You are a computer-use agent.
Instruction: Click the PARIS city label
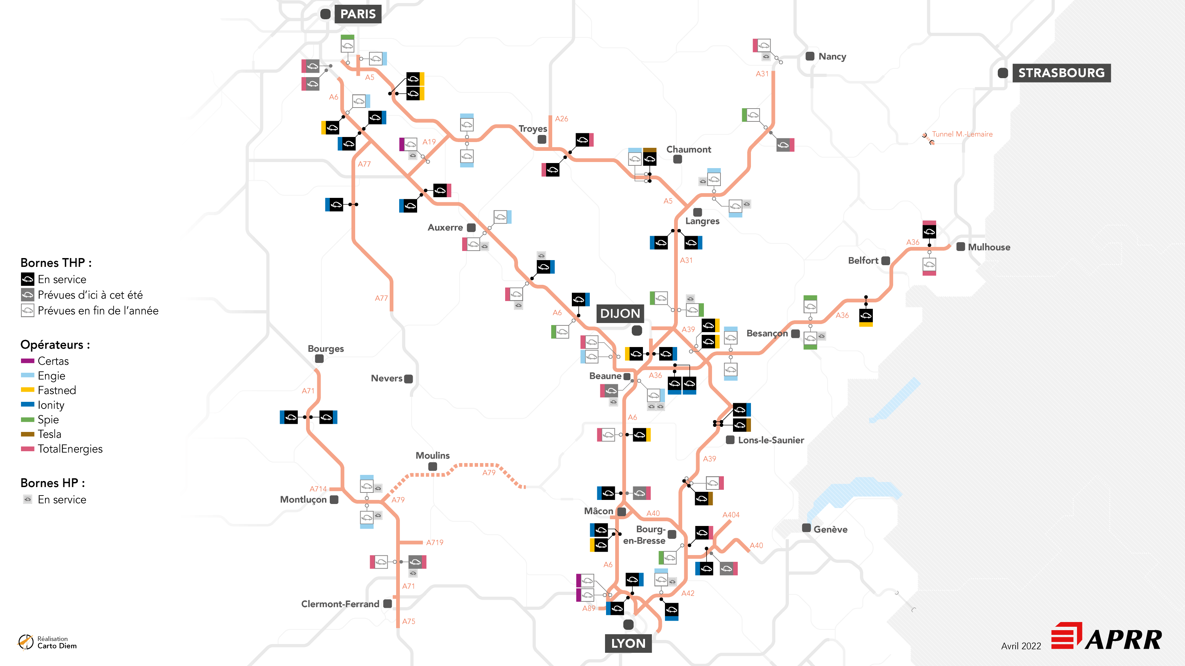[x=358, y=14]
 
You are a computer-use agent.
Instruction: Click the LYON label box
[x=628, y=643]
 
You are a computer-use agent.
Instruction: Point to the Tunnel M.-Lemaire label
[x=962, y=134]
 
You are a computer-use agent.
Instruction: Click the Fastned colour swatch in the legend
[x=28, y=390]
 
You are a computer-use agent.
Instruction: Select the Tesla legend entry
[x=49, y=434]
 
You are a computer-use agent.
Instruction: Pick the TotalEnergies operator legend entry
[x=70, y=449]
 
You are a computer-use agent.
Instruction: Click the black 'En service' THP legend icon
[x=28, y=279]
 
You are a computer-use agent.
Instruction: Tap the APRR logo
[x=1107, y=637]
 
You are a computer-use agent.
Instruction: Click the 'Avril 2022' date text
[x=1021, y=646]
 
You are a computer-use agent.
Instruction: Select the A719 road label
[x=434, y=542]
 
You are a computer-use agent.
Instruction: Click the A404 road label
[x=731, y=515]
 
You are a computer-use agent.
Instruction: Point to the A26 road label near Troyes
[x=561, y=119]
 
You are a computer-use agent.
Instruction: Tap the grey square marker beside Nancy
[x=810, y=56]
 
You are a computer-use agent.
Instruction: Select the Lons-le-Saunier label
[x=771, y=440]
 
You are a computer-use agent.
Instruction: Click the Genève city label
[x=830, y=529]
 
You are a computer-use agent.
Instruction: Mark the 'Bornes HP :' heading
[x=52, y=483]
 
